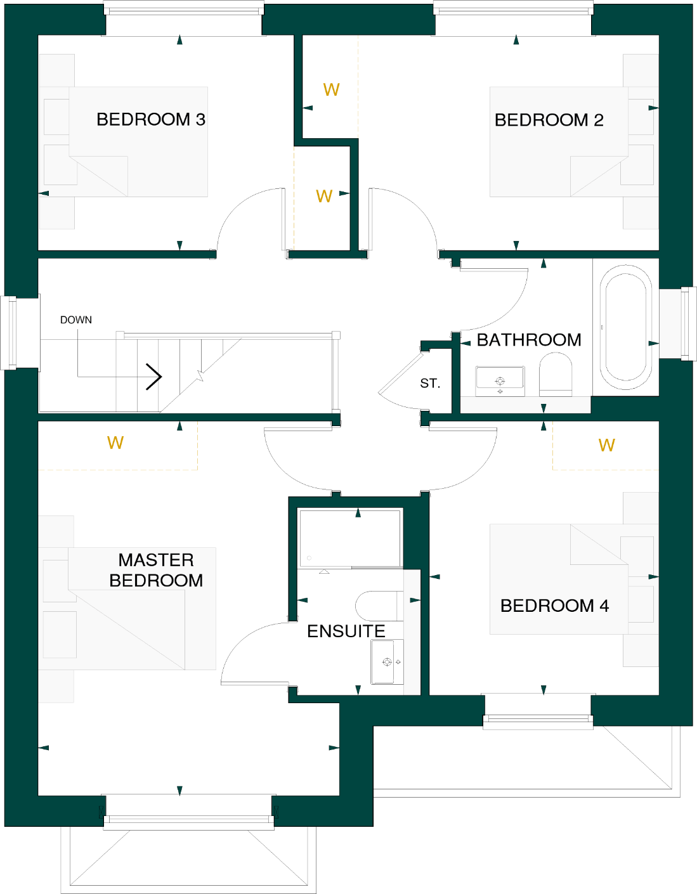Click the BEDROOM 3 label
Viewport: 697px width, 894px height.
(150, 119)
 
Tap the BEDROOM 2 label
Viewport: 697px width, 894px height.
(549, 120)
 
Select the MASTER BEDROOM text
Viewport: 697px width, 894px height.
(156, 570)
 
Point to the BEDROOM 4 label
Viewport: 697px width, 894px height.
(554, 606)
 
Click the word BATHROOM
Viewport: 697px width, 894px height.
(528, 340)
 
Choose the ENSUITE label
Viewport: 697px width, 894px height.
(346, 631)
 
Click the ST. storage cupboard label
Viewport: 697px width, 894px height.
(430, 383)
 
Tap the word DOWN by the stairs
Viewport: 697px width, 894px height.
(76, 320)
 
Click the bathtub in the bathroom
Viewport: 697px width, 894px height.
(626, 327)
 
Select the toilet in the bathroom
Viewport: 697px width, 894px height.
(556, 375)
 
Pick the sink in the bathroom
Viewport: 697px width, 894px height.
(500, 380)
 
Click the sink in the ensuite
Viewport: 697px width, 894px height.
(387, 661)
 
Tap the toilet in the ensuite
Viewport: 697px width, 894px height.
(379, 606)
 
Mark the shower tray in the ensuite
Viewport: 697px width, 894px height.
(350, 538)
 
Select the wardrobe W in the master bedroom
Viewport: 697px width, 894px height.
(115, 443)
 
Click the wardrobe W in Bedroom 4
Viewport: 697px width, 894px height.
(606, 445)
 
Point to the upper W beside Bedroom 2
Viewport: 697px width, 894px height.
(331, 89)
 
